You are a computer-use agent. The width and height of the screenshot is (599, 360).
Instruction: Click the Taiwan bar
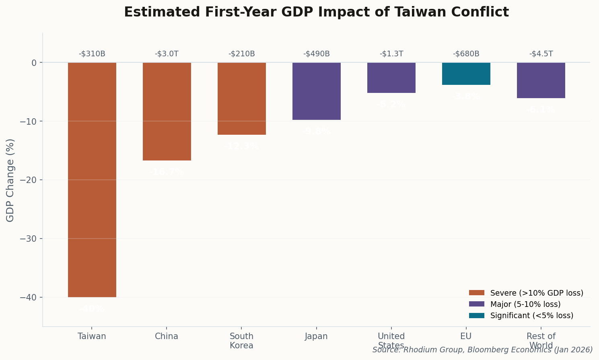pos(92,180)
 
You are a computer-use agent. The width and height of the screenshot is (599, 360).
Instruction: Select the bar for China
pos(167,111)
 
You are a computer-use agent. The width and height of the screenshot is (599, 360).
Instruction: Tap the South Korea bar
pos(242,99)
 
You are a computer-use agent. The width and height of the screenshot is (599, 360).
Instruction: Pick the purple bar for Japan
pos(317,91)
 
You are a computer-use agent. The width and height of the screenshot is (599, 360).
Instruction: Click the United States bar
pos(391,78)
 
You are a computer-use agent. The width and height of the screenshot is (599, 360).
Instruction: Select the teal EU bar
pos(466,74)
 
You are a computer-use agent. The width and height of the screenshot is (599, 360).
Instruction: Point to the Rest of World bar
pos(541,80)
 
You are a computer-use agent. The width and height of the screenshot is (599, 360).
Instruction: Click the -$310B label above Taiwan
pos(92,54)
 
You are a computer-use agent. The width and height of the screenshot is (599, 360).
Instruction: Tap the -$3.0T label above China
pos(167,54)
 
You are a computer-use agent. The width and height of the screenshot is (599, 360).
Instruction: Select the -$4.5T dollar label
pos(541,54)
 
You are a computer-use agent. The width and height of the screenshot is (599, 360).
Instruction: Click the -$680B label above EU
pos(466,54)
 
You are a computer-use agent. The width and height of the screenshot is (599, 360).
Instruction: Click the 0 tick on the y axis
pos(34,63)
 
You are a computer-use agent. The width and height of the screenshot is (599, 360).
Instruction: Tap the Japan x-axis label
pos(317,336)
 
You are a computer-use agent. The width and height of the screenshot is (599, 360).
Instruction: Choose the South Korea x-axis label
pos(242,341)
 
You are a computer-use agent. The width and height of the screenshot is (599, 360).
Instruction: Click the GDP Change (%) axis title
pos(10,180)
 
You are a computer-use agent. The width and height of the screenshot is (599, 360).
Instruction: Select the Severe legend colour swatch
pos(477,293)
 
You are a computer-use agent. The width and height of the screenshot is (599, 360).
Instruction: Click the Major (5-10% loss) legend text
pos(525,304)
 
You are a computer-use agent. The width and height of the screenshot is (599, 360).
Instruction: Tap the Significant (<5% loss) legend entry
pos(532,315)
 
